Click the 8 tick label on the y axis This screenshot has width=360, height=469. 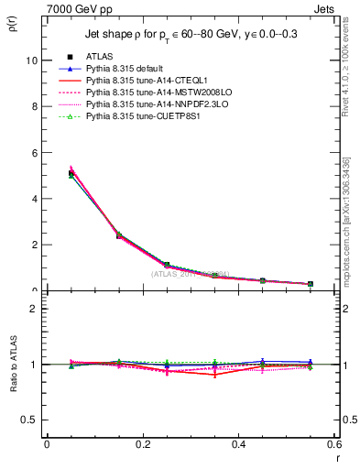pyautogui.click(x=34, y=106)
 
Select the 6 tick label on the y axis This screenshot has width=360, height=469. pyautogui.click(x=34, y=152)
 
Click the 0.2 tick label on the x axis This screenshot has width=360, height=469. pyautogui.click(x=142, y=444)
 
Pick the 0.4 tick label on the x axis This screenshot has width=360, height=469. pyautogui.click(x=238, y=444)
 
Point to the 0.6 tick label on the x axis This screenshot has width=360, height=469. pyautogui.click(x=333, y=444)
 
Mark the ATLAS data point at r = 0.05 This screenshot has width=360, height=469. pyautogui.click(x=71, y=173)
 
